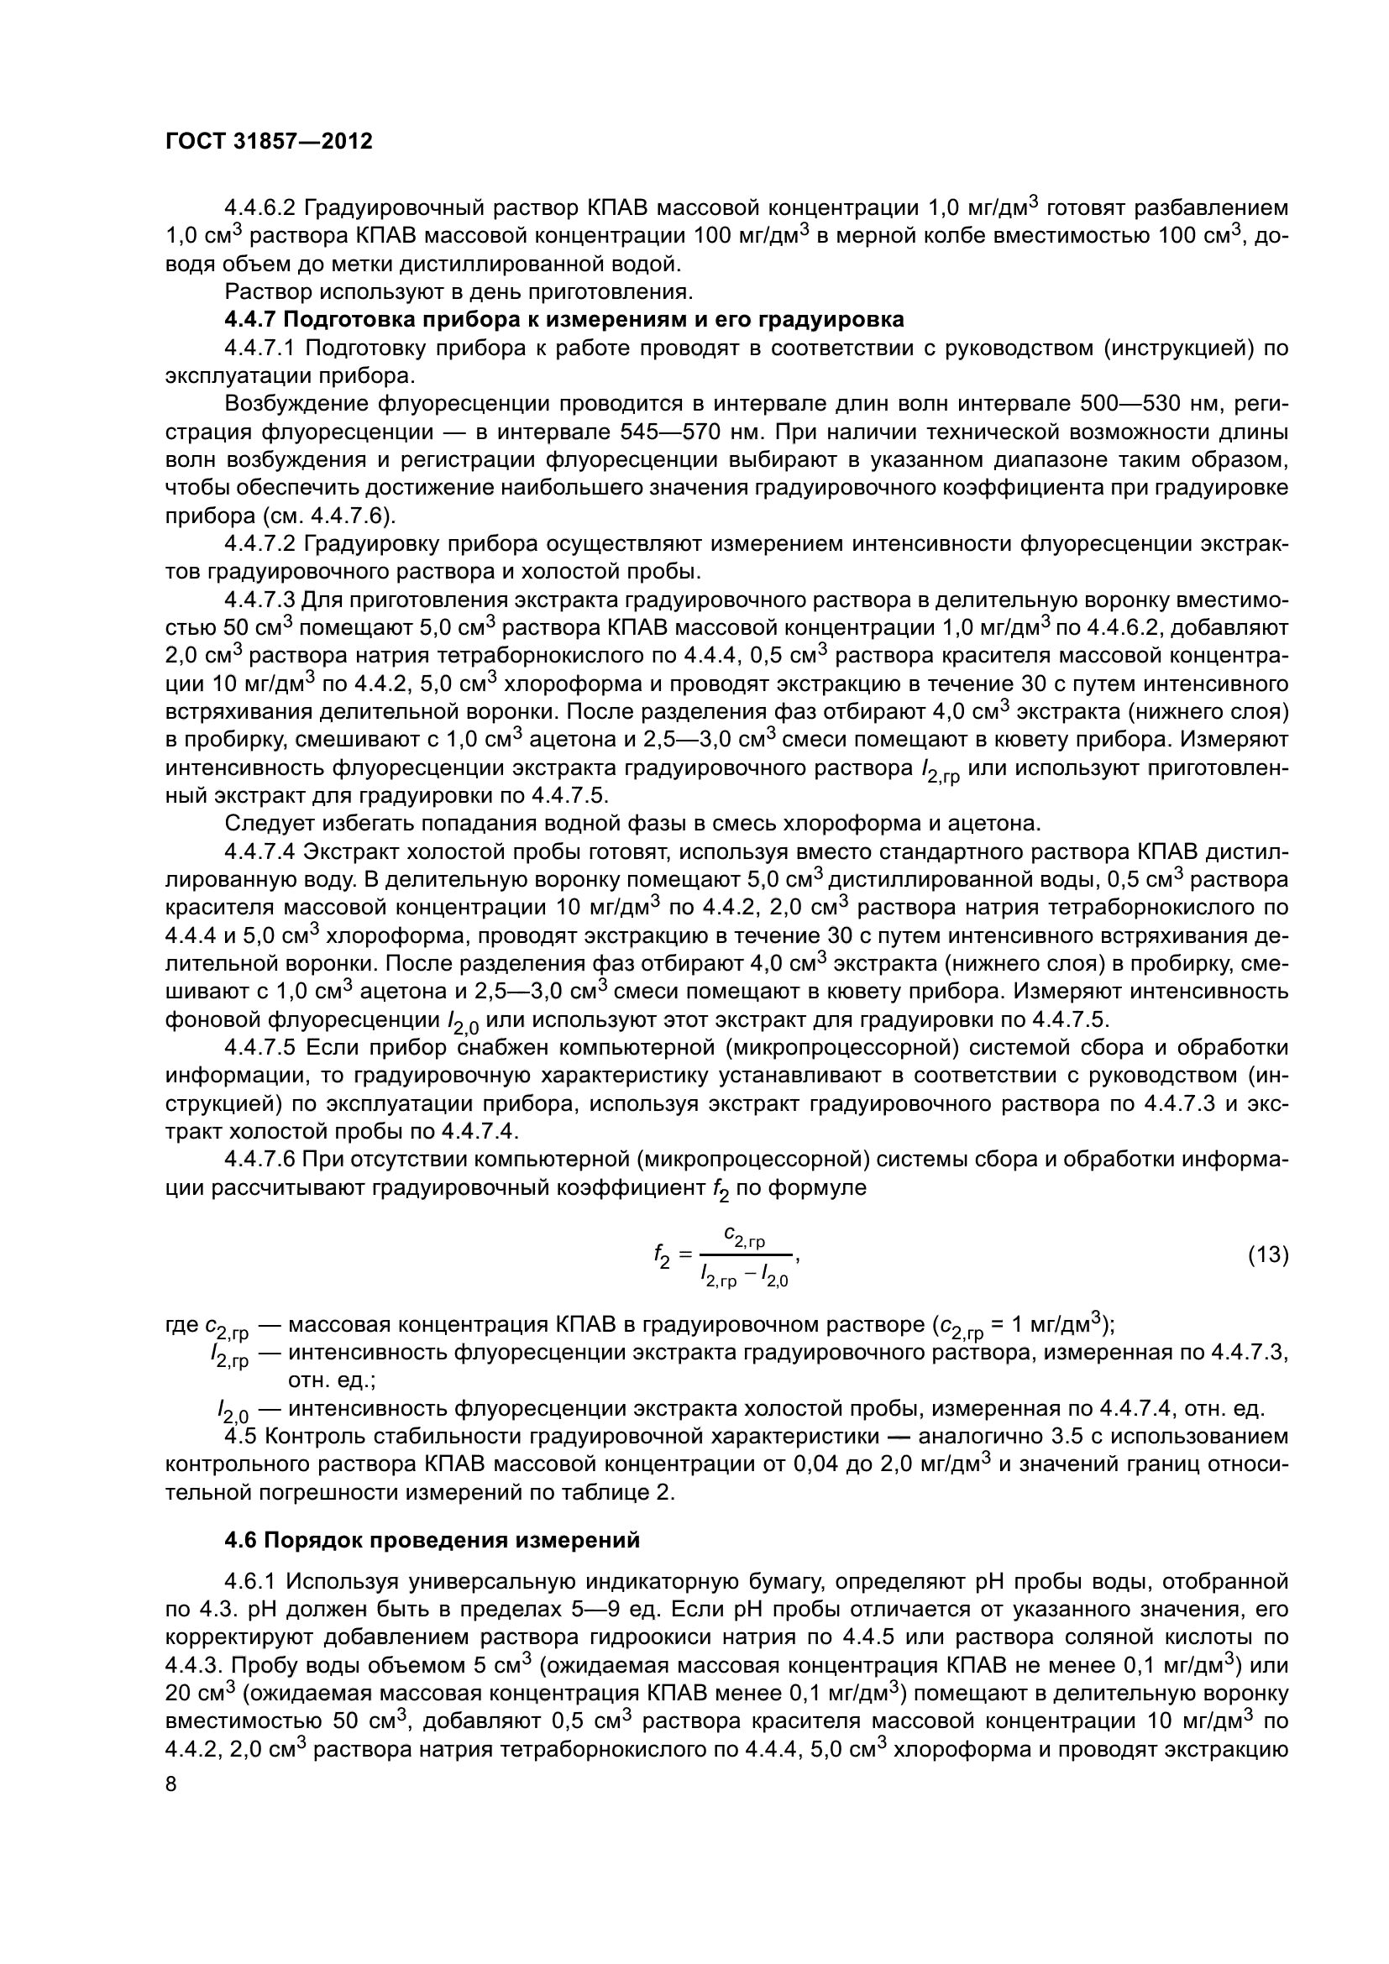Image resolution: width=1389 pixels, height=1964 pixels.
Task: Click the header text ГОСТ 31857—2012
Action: (x=269, y=142)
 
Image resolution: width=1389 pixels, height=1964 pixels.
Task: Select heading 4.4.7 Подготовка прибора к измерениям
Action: (x=563, y=320)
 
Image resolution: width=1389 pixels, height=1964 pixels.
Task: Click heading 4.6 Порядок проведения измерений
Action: (x=432, y=1541)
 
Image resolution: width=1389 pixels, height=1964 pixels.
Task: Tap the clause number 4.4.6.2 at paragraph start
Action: (x=259, y=208)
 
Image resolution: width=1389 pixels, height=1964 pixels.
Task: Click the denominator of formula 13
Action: (x=744, y=1278)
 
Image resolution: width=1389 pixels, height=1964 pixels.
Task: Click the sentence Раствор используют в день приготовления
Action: (x=458, y=292)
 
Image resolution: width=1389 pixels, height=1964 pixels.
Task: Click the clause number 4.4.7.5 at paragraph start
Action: (x=259, y=1047)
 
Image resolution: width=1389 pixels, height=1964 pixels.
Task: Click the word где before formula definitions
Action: (x=181, y=1325)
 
